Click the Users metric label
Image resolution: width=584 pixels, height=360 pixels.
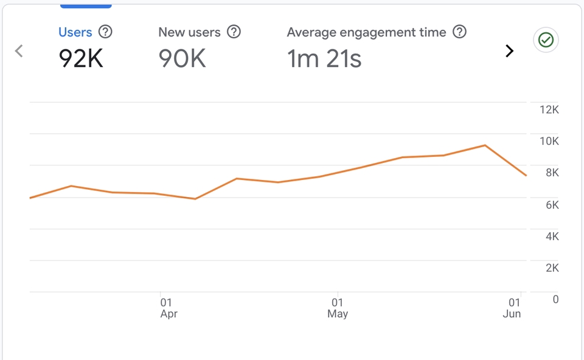pyautogui.click(x=75, y=32)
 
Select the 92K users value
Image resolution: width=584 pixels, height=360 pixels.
pyautogui.click(x=81, y=58)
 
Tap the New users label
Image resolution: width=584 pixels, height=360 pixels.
pyautogui.click(x=189, y=32)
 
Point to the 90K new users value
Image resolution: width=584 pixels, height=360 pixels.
pyautogui.click(x=182, y=58)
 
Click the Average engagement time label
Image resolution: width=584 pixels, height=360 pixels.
pyautogui.click(x=366, y=32)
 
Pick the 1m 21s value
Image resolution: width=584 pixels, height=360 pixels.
pyautogui.click(x=324, y=58)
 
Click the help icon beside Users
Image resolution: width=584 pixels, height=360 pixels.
pyautogui.click(x=106, y=32)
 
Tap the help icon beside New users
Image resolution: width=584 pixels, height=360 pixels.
pyautogui.click(x=234, y=32)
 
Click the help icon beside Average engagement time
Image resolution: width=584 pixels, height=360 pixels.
pyautogui.click(x=460, y=32)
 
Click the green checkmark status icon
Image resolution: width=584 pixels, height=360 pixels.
pyautogui.click(x=546, y=40)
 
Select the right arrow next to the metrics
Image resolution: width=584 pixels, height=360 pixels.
pyautogui.click(x=510, y=51)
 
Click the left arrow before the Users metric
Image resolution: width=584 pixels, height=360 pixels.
pyautogui.click(x=19, y=51)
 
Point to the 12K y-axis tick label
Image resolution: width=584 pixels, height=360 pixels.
pyautogui.click(x=549, y=109)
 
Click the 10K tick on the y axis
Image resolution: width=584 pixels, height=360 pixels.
pyautogui.click(x=549, y=141)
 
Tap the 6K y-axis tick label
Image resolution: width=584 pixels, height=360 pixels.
pyautogui.click(x=552, y=205)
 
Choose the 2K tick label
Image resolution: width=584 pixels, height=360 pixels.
pyautogui.click(x=552, y=268)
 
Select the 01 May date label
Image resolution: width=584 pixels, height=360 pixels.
pyautogui.click(x=338, y=308)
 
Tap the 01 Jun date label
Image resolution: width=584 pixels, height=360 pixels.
pyautogui.click(x=513, y=308)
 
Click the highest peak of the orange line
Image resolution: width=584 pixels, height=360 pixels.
pyautogui.click(x=485, y=145)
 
